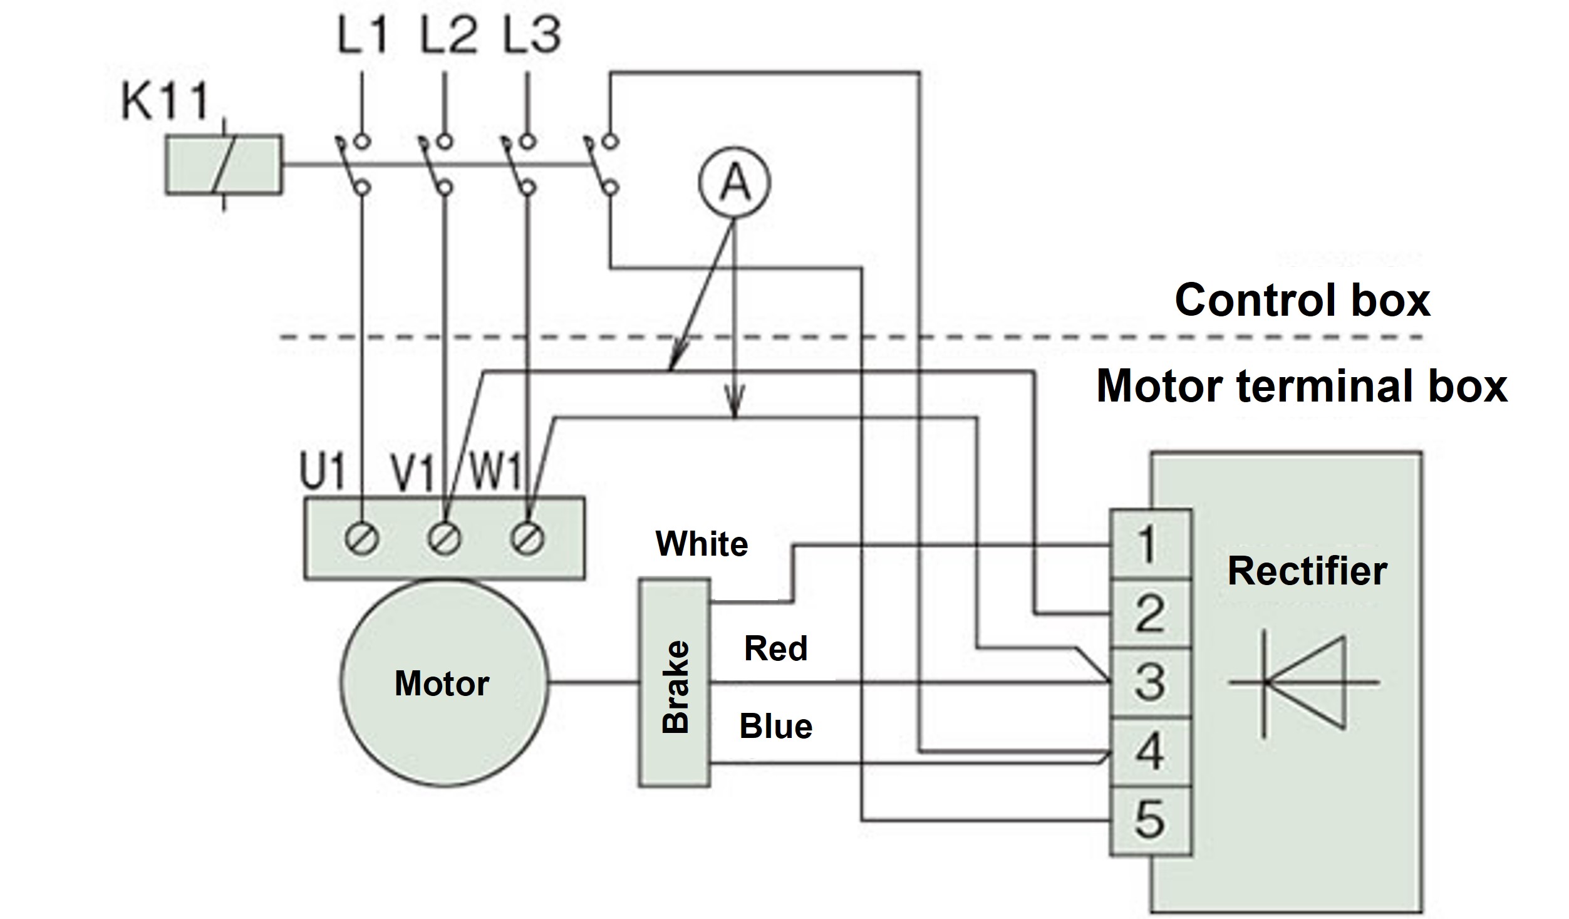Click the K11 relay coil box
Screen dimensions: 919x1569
click(x=223, y=164)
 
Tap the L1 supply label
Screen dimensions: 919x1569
click(x=363, y=34)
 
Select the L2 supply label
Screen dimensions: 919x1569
click(x=447, y=34)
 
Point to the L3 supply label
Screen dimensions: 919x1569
click(x=532, y=34)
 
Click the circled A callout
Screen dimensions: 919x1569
click(x=735, y=184)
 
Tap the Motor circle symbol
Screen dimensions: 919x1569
click(x=443, y=683)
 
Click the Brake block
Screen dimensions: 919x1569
click(x=675, y=683)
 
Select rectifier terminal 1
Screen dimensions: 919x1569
click(x=1150, y=544)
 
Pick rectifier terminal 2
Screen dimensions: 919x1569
click(x=1150, y=614)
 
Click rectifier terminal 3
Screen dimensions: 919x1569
click(x=1150, y=683)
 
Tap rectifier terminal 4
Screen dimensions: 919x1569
click(x=1150, y=752)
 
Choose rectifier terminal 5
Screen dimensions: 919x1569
click(x=1150, y=821)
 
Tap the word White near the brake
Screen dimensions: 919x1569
click(x=702, y=544)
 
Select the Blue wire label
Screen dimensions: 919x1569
click(x=775, y=727)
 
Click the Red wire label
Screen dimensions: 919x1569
click(x=775, y=648)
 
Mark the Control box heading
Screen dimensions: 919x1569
click(x=1302, y=300)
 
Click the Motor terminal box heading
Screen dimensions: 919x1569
click(x=1302, y=386)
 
